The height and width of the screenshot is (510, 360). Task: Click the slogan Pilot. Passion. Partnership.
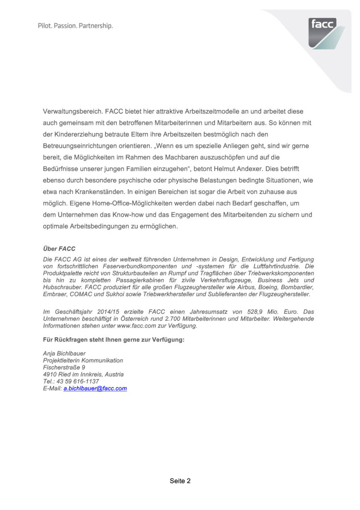coord(75,26)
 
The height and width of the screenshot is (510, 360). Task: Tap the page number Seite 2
coord(180,481)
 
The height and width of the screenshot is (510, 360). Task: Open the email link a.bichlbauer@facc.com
coord(95,388)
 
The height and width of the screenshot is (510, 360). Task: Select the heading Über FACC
coord(59,249)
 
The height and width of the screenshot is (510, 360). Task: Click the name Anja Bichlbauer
coord(64,353)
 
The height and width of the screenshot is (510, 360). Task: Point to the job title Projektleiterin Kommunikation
coord(83,360)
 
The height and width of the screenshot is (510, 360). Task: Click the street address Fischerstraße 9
coord(64,367)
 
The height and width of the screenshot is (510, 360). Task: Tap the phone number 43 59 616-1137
coord(78,381)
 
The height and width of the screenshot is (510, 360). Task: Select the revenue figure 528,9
coord(255,312)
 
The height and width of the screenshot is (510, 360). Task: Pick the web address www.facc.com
coord(136,326)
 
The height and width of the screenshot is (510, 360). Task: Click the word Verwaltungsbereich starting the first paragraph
coord(73,111)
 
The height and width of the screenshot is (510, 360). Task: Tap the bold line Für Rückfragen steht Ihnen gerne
coord(114,339)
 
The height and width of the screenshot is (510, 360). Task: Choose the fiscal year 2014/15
coord(108,312)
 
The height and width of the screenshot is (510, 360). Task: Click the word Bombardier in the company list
coord(297,287)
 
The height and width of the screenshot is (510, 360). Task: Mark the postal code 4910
coord(49,374)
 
